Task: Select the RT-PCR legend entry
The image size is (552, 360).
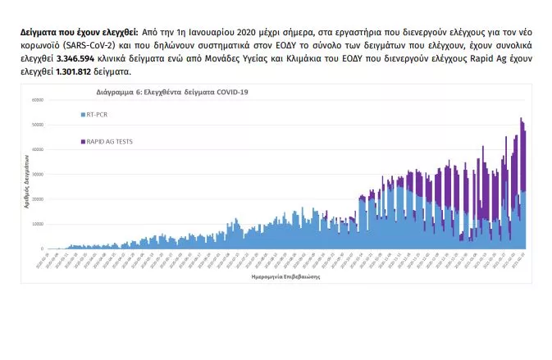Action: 98,114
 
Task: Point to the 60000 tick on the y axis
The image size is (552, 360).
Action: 37,100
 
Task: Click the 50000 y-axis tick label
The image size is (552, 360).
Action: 37,125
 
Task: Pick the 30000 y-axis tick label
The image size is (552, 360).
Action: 37,174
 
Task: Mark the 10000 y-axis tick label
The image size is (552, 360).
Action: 37,224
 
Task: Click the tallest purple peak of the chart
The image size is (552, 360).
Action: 522,119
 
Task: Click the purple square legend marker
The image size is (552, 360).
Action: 81,141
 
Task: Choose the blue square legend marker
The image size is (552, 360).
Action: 81,114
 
